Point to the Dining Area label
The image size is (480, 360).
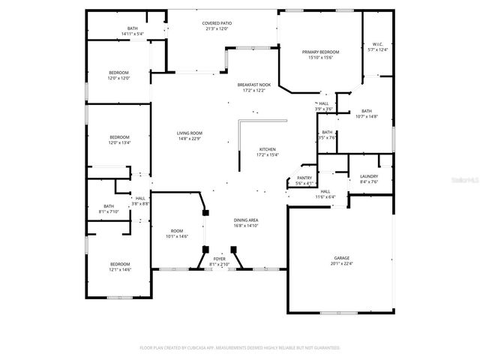point(247,222)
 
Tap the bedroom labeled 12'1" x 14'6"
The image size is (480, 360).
point(120,266)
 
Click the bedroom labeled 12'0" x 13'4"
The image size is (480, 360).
point(119,139)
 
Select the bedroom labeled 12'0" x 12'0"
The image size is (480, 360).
point(119,75)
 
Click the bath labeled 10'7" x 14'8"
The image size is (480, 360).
point(366,113)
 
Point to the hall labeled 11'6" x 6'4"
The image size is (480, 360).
point(325,194)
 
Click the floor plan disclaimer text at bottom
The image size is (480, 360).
point(240,348)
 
